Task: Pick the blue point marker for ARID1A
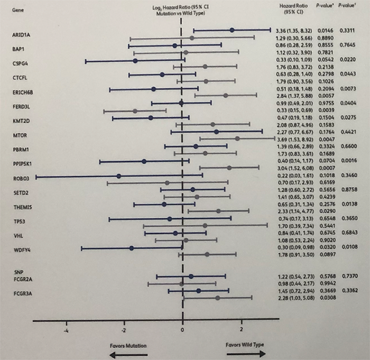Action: tap(232, 30)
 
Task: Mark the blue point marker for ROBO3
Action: tap(119, 176)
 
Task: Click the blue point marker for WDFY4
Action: tap(132, 247)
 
